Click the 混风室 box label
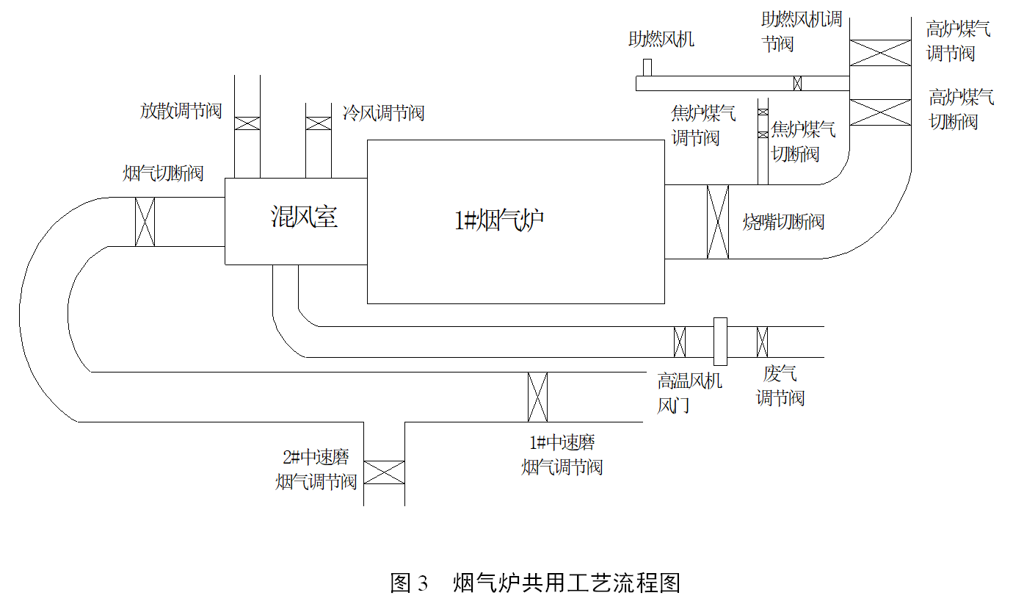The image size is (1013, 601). pyautogui.click(x=304, y=217)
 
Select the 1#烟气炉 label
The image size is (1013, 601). pyautogui.click(x=499, y=220)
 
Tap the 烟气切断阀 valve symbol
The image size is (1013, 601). pyautogui.click(x=145, y=222)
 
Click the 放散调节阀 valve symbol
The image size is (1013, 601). pyautogui.click(x=247, y=123)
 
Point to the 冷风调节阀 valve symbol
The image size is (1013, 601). pyautogui.click(x=318, y=123)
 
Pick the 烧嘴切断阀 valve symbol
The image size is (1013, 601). pyautogui.click(x=718, y=222)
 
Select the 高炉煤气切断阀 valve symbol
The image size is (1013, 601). pyautogui.click(x=880, y=112)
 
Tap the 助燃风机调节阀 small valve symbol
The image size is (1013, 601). pyautogui.click(x=797, y=83)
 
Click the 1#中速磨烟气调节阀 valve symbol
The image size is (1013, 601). pyautogui.click(x=538, y=397)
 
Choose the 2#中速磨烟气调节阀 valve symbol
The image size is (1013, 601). pyautogui.click(x=385, y=472)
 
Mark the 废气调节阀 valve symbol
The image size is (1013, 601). pyautogui.click(x=763, y=342)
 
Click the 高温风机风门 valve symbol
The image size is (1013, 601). pyautogui.click(x=680, y=342)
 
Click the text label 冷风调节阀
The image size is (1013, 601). pyautogui.click(x=383, y=113)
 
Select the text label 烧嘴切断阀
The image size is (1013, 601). pyautogui.click(x=783, y=222)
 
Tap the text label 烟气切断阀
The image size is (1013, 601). pyautogui.click(x=162, y=173)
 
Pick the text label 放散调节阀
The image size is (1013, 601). pyautogui.click(x=181, y=111)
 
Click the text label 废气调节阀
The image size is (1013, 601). pyautogui.click(x=780, y=386)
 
